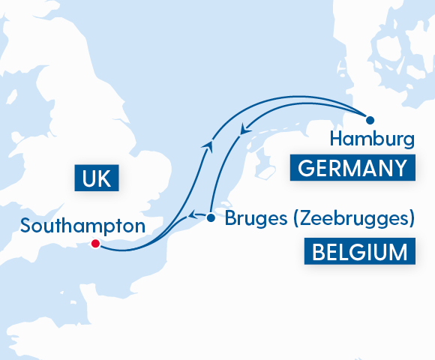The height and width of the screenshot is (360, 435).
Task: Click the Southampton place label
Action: point(82,225)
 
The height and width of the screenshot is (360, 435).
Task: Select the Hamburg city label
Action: point(372,139)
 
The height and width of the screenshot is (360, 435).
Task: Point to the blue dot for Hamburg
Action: point(369,119)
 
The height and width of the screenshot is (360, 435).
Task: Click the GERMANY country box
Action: point(352,169)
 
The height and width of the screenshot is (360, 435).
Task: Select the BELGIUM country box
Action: point(360,251)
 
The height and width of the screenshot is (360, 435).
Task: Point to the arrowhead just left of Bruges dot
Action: point(192,216)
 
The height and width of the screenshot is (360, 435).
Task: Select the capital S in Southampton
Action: point(26,225)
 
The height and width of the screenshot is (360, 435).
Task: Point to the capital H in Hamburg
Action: point(336,139)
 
